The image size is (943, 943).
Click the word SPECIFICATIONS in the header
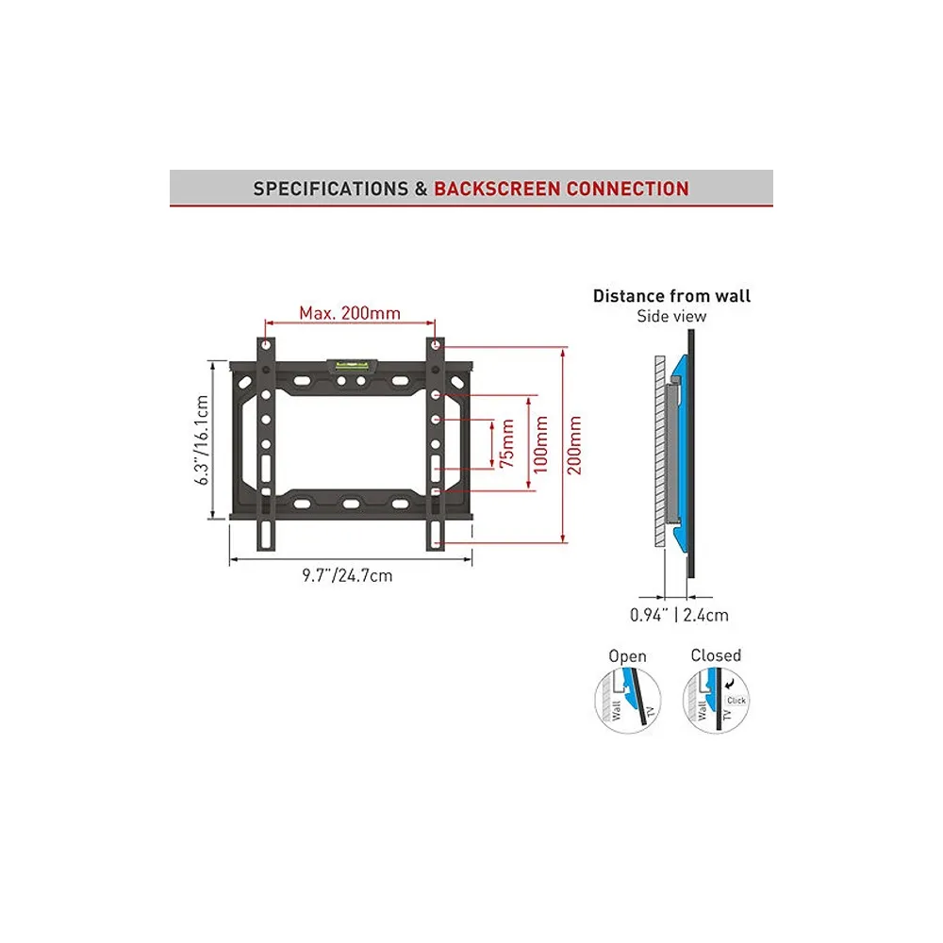[x=331, y=189]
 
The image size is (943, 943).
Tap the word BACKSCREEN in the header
[x=497, y=189]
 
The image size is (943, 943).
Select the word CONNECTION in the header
[x=628, y=189]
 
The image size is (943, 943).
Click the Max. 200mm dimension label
[x=350, y=313]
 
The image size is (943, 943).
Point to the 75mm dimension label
[x=507, y=443]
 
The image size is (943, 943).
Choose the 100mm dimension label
[x=540, y=444]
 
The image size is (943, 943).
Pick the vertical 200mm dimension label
[x=574, y=445]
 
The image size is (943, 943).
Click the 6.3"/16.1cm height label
[x=202, y=439]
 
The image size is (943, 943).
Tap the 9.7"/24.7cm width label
[x=347, y=575]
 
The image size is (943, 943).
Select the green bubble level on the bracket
[x=353, y=364]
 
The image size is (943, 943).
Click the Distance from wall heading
[x=671, y=296]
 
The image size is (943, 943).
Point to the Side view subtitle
[x=671, y=316]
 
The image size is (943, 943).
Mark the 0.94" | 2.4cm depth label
[x=679, y=615]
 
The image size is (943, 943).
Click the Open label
[x=627, y=656]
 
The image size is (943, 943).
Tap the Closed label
[x=716, y=655]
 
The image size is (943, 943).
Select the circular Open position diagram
[x=628, y=700]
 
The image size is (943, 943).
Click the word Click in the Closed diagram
[x=736, y=701]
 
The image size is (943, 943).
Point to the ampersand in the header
[x=421, y=189]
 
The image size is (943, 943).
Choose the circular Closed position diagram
[x=716, y=700]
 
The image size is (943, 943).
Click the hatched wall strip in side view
[x=660, y=451]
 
